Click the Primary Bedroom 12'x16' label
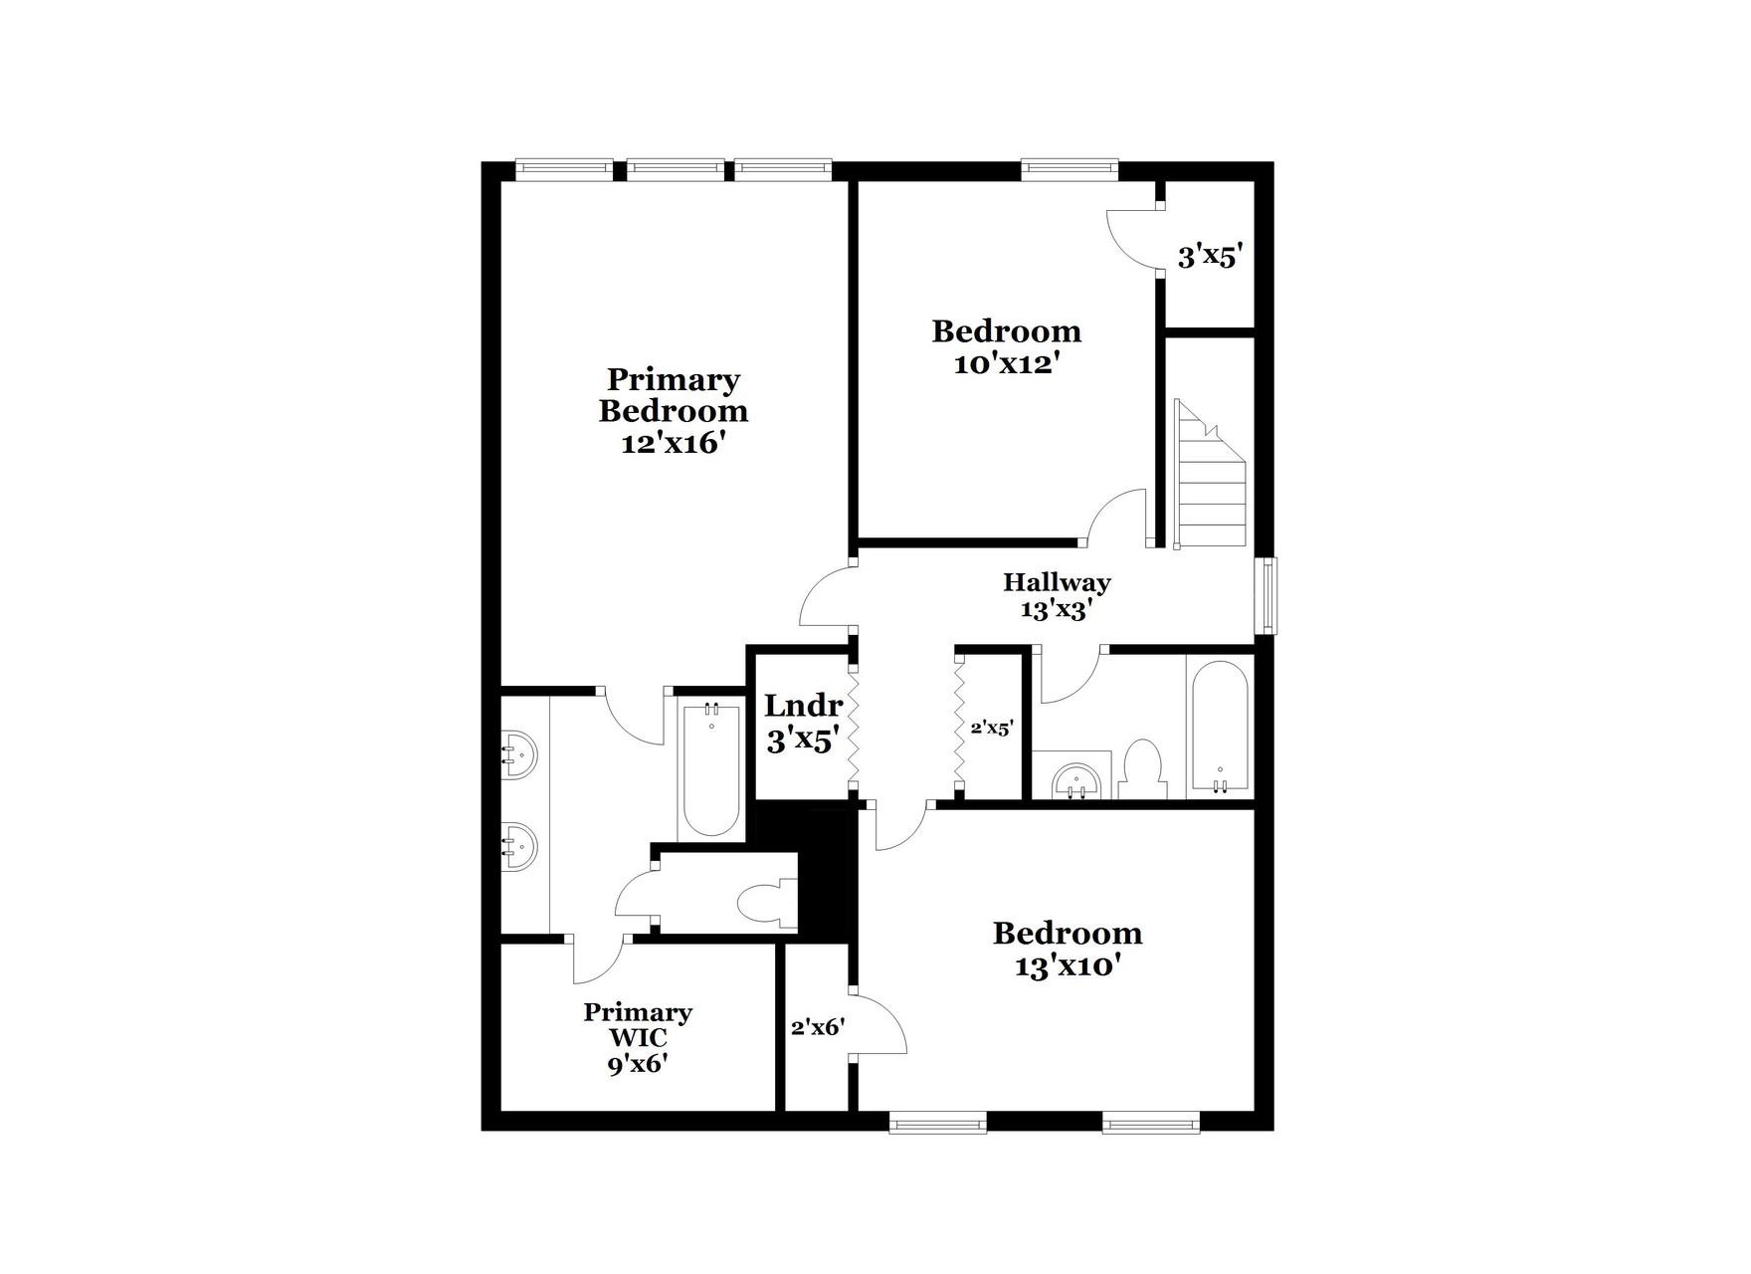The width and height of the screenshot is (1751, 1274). pos(673,410)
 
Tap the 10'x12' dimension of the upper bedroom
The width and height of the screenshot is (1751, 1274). pos(1005,364)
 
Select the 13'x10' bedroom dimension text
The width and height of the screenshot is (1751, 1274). pos(1069,965)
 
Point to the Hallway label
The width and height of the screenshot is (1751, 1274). pos(1057,582)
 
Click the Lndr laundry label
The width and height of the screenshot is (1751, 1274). pos(803,706)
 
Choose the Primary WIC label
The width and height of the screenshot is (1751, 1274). pos(637,1025)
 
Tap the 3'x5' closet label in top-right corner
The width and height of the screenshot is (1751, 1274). pos(1210,257)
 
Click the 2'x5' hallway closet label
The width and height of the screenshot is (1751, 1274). pos(991,729)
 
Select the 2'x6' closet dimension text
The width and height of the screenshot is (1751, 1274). pos(818,1027)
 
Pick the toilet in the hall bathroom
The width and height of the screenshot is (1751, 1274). pos(1140,768)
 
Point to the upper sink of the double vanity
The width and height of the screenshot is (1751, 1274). pos(517,754)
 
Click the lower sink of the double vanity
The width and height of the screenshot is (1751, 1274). pos(517,848)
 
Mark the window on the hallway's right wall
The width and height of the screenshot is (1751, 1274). pos(1266,595)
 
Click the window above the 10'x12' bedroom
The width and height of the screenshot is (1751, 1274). pos(1070,169)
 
